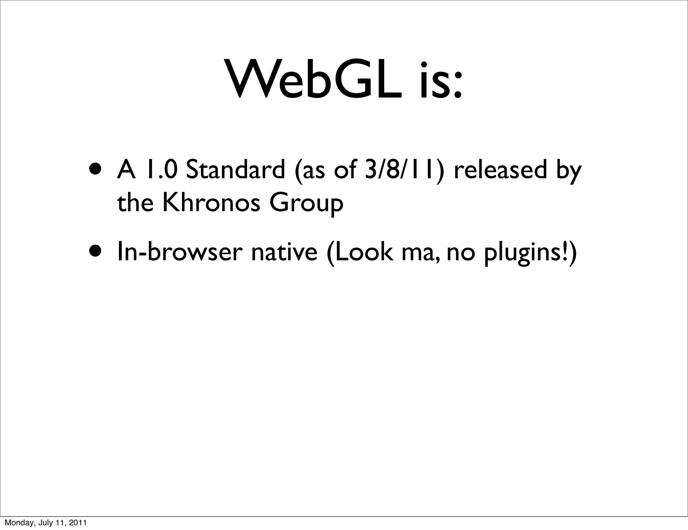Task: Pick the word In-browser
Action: pos(180,252)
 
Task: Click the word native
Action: pos(284,252)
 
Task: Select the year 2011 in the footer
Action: pos(78,523)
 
